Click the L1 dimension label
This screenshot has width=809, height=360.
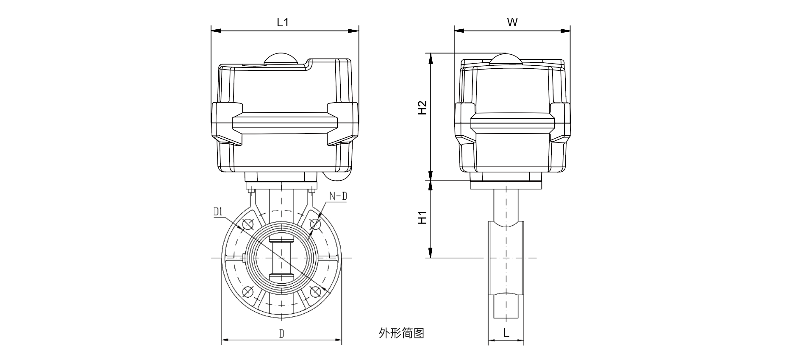[x=283, y=22]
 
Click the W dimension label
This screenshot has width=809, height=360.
[x=512, y=22]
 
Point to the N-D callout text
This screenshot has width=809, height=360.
[x=338, y=196]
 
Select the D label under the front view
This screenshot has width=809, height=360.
[x=281, y=333]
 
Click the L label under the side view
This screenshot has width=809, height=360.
[x=506, y=333]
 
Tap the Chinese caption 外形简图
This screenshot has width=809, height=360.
[x=401, y=333]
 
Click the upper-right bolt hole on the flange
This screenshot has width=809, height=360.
[x=315, y=224]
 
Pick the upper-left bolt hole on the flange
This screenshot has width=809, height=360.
[x=248, y=224]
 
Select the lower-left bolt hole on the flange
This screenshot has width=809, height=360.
[x=248, y=292]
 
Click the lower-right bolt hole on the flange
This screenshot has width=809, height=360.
[x=315, y=292]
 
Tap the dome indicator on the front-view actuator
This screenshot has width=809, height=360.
[x=281, y=59]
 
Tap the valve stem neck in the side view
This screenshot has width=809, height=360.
[x=506, y=206]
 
